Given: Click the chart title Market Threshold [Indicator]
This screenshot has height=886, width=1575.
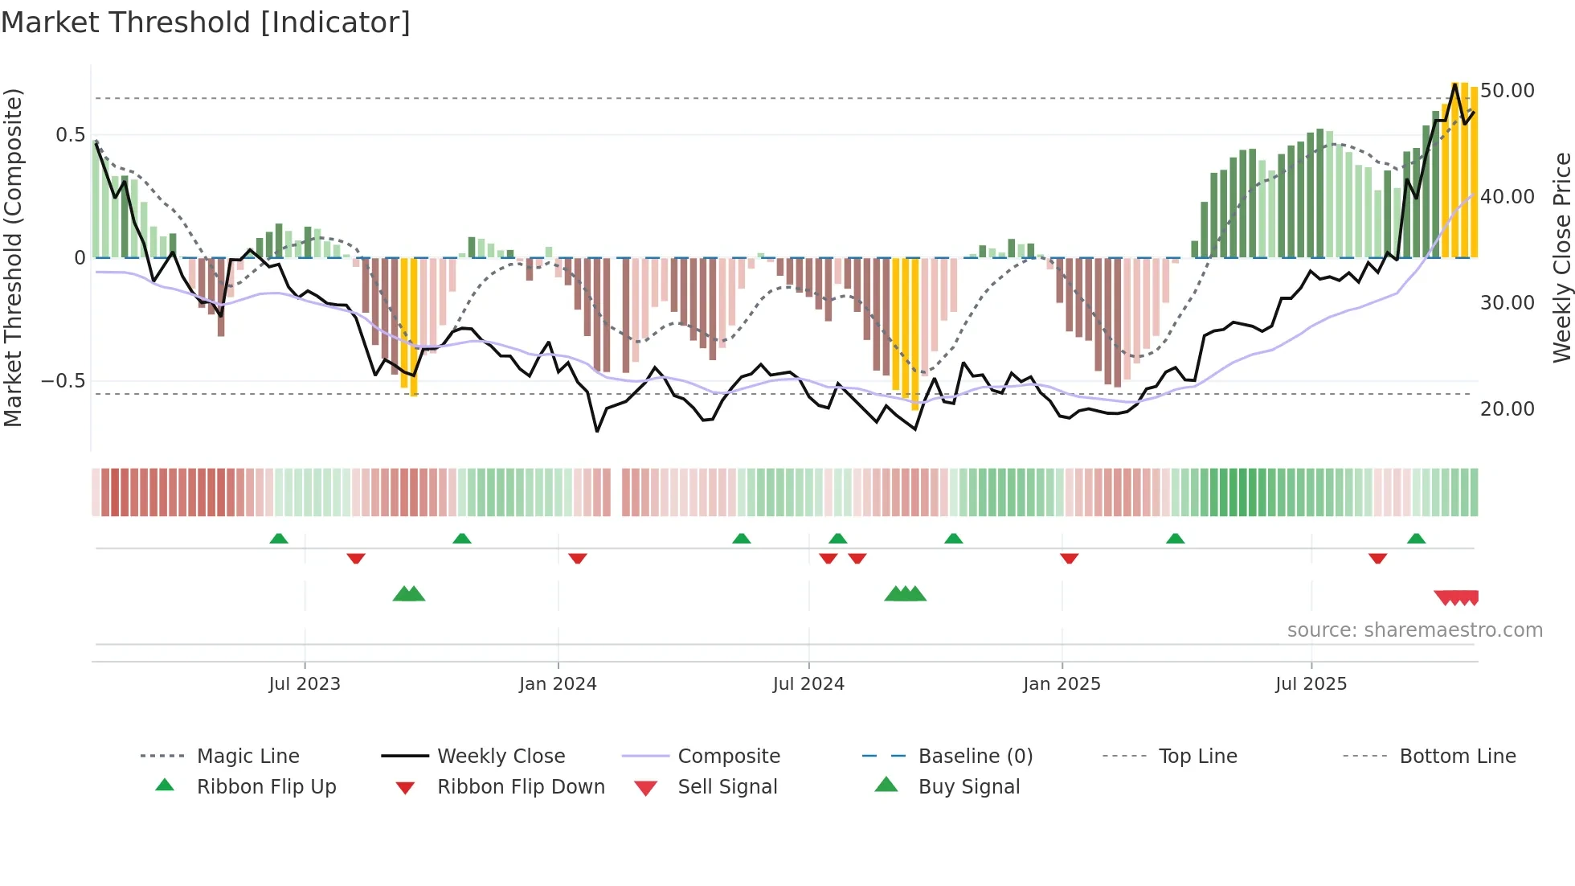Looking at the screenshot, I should pyautogui.click(x=206, y=23).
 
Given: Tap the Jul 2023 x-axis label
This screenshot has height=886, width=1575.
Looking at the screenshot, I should pyautogui.click(x=305, y=684).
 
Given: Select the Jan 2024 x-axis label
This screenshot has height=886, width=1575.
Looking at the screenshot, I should pyautogui.click(x=558, y=684).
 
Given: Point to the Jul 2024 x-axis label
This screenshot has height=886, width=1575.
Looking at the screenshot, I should pyautogui.click(x=808, y=684).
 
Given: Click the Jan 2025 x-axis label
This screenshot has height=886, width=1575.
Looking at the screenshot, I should pyautogui.click(x=1062, y=684).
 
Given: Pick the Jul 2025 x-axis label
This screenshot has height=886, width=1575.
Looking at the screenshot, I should pyautogui.click(x=1311, y=684).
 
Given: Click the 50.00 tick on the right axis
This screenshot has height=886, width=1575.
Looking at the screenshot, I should pyautogui.click(x=1507, y=91).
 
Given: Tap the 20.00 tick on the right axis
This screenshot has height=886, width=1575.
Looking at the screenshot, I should pyautogui.click(x=1507, y=409).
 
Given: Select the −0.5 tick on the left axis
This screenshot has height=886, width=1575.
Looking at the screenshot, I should pyautogui.click(x=63, y=381).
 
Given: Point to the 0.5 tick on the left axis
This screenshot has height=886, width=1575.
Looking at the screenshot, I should pyautogui.click(x=70, y=135).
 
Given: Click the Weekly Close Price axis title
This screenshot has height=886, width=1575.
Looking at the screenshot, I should pyautogui.click(x=1561, y=257).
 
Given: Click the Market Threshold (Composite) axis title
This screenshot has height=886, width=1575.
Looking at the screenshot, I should pyautogui.click(x=13, y=257).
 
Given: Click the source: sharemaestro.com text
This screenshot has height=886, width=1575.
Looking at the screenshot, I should pyautogui.click(x=1414, y=630).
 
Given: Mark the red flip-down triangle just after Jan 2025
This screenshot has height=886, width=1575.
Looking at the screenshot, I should pyautogui.click(x=1069, y=558).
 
